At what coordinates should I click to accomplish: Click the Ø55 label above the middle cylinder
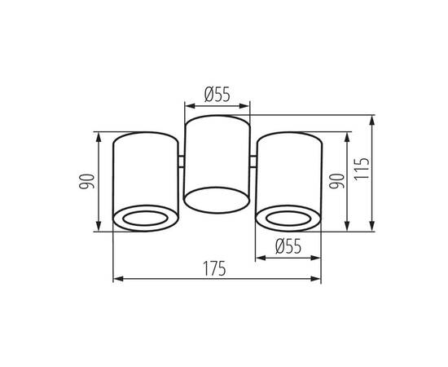point(217,95)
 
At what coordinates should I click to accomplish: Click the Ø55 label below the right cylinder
point(288,246)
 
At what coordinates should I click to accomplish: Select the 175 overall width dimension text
point(214,268)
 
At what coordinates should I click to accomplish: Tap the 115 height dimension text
point(362,169)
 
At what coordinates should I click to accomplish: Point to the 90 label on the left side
point(86,181)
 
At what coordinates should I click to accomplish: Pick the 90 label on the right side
point(337,181)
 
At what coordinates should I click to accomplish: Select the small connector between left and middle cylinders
point(182,161)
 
